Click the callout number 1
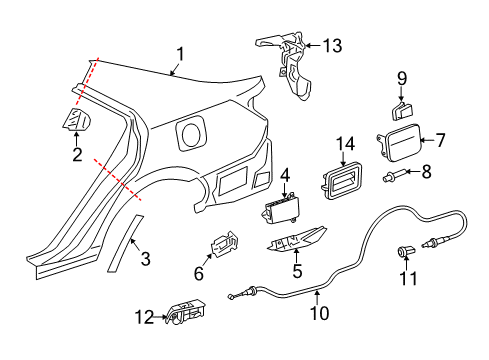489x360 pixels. click(181, 54)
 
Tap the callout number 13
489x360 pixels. click(330, 44)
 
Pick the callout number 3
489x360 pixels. click(145, 260)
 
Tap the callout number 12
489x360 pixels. click(143, 317)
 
